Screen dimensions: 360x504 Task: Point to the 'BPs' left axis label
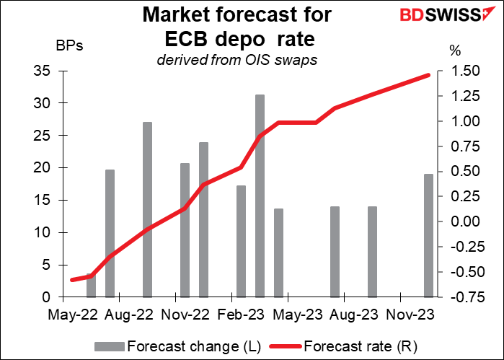(70, 48)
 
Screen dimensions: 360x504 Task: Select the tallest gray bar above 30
(260, 195)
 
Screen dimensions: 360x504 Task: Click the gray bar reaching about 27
(147, 209)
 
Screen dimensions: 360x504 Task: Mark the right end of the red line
(429, 74)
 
